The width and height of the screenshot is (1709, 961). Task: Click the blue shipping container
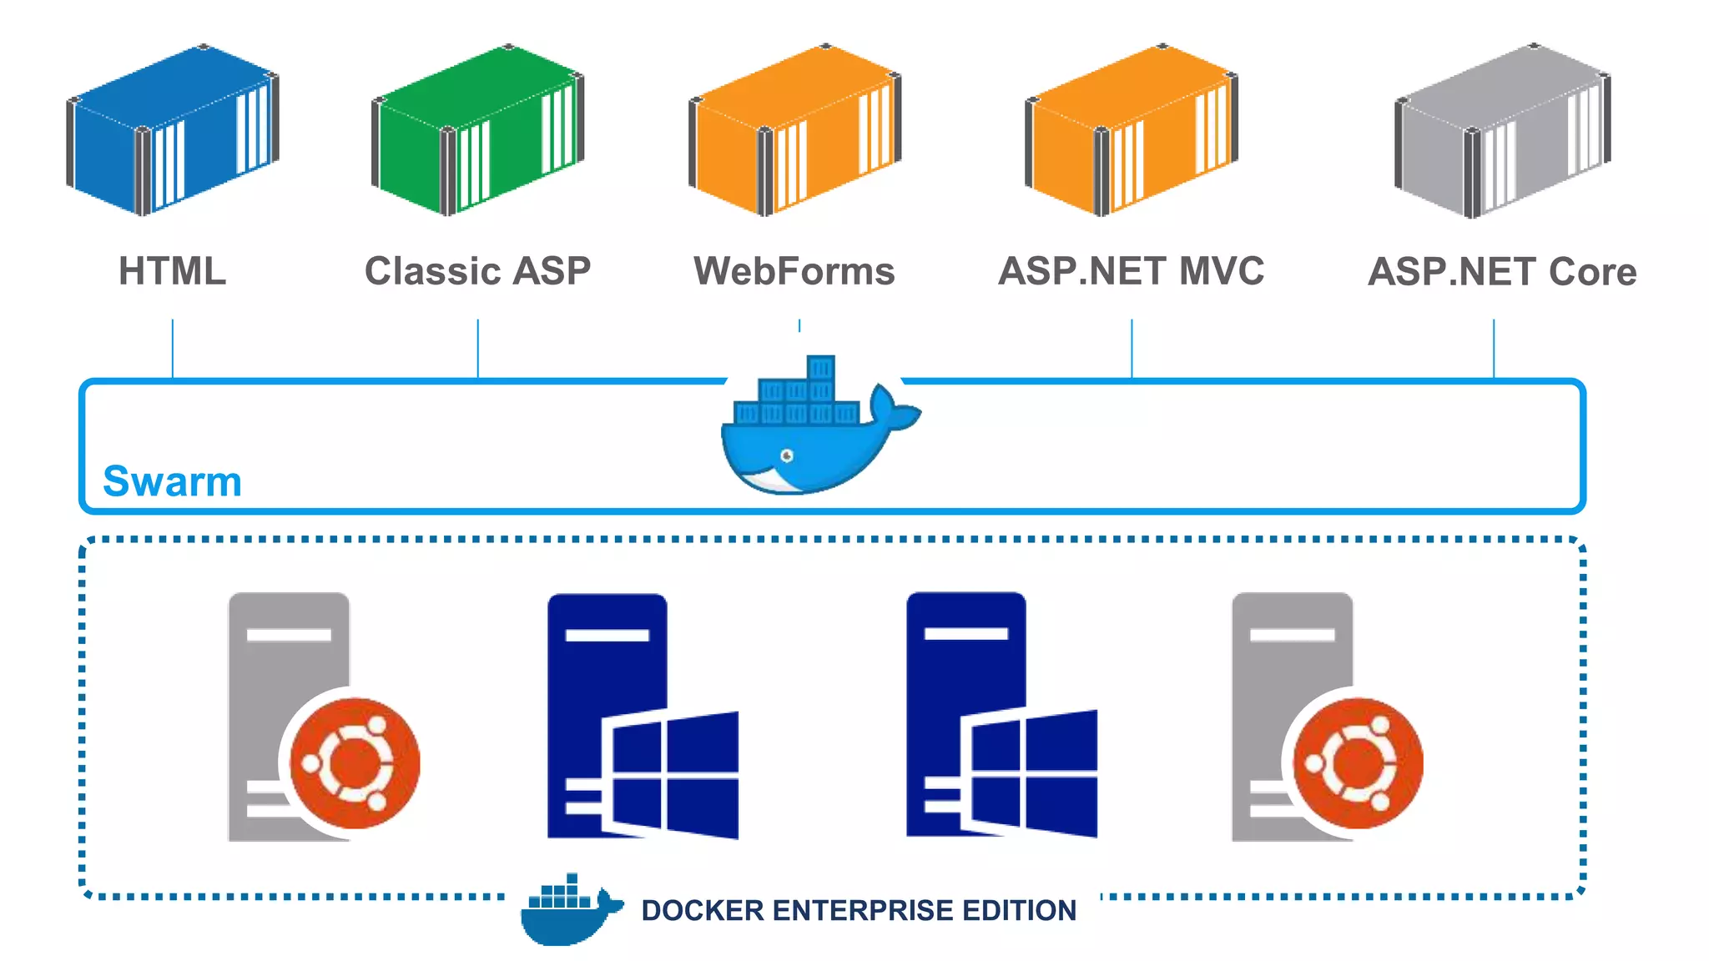point(174,129)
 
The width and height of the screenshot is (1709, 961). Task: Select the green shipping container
point(478,129)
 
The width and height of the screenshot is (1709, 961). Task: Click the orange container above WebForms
point(795,129)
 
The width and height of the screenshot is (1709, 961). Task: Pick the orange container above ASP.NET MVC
point(1132,129)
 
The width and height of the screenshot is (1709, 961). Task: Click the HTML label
point(172,271)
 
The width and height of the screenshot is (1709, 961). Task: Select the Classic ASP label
point(477,271)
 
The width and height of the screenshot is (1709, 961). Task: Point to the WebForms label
point(794,271)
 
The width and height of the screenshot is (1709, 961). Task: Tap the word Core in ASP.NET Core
point(1592,272)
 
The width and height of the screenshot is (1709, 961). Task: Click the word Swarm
point(172,481)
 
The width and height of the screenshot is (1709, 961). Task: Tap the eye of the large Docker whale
point(786,455)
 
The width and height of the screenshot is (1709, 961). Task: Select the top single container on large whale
point(820,368)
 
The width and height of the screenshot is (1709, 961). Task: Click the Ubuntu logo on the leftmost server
point(355,762)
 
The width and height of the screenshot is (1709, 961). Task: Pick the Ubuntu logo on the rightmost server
point(1358,762)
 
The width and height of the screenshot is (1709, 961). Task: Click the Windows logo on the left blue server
point(672,774)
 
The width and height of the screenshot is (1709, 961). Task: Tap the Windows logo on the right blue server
point(1031,773)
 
